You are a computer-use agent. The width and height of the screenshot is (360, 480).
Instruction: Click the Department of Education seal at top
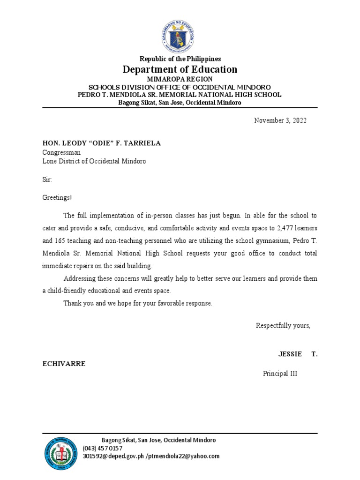(180, 32)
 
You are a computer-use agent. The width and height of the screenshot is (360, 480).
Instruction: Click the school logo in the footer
(62, 454)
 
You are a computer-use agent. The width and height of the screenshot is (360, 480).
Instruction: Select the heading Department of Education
(180, 69)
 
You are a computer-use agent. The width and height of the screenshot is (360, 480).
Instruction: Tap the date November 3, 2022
(280, 120)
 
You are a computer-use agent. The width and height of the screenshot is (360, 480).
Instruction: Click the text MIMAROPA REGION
(180, 80)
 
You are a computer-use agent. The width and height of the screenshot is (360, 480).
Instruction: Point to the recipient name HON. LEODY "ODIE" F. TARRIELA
(101, 143)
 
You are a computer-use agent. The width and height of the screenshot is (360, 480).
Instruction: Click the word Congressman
(61, 152)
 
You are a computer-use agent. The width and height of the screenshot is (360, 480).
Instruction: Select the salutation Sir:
(47, 180)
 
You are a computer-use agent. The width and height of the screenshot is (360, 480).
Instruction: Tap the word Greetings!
(57, 198)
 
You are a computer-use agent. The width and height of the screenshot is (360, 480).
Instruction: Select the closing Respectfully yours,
(283, 326)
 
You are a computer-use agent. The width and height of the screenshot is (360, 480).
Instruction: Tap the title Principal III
(280, 374)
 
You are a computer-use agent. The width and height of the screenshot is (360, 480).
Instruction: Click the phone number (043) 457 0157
(103, 449)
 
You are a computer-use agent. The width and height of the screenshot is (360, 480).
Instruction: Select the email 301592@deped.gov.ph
(113, 456)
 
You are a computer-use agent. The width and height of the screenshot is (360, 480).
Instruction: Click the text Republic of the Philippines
(180, 59)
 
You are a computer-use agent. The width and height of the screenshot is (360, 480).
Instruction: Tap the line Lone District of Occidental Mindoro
(94, 161)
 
